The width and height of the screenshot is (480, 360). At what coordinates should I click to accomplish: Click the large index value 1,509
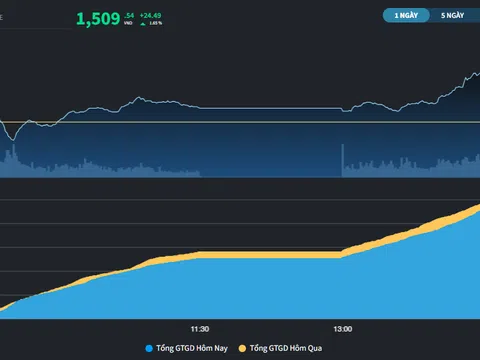98,17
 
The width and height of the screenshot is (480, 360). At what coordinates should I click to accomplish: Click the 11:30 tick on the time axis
200,328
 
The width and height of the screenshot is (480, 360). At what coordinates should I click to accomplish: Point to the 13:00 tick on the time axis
343,328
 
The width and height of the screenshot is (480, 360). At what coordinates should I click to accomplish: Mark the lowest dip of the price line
11,138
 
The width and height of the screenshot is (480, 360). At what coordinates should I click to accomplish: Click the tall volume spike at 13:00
343,160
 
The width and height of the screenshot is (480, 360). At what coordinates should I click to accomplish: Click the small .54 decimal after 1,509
129,14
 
